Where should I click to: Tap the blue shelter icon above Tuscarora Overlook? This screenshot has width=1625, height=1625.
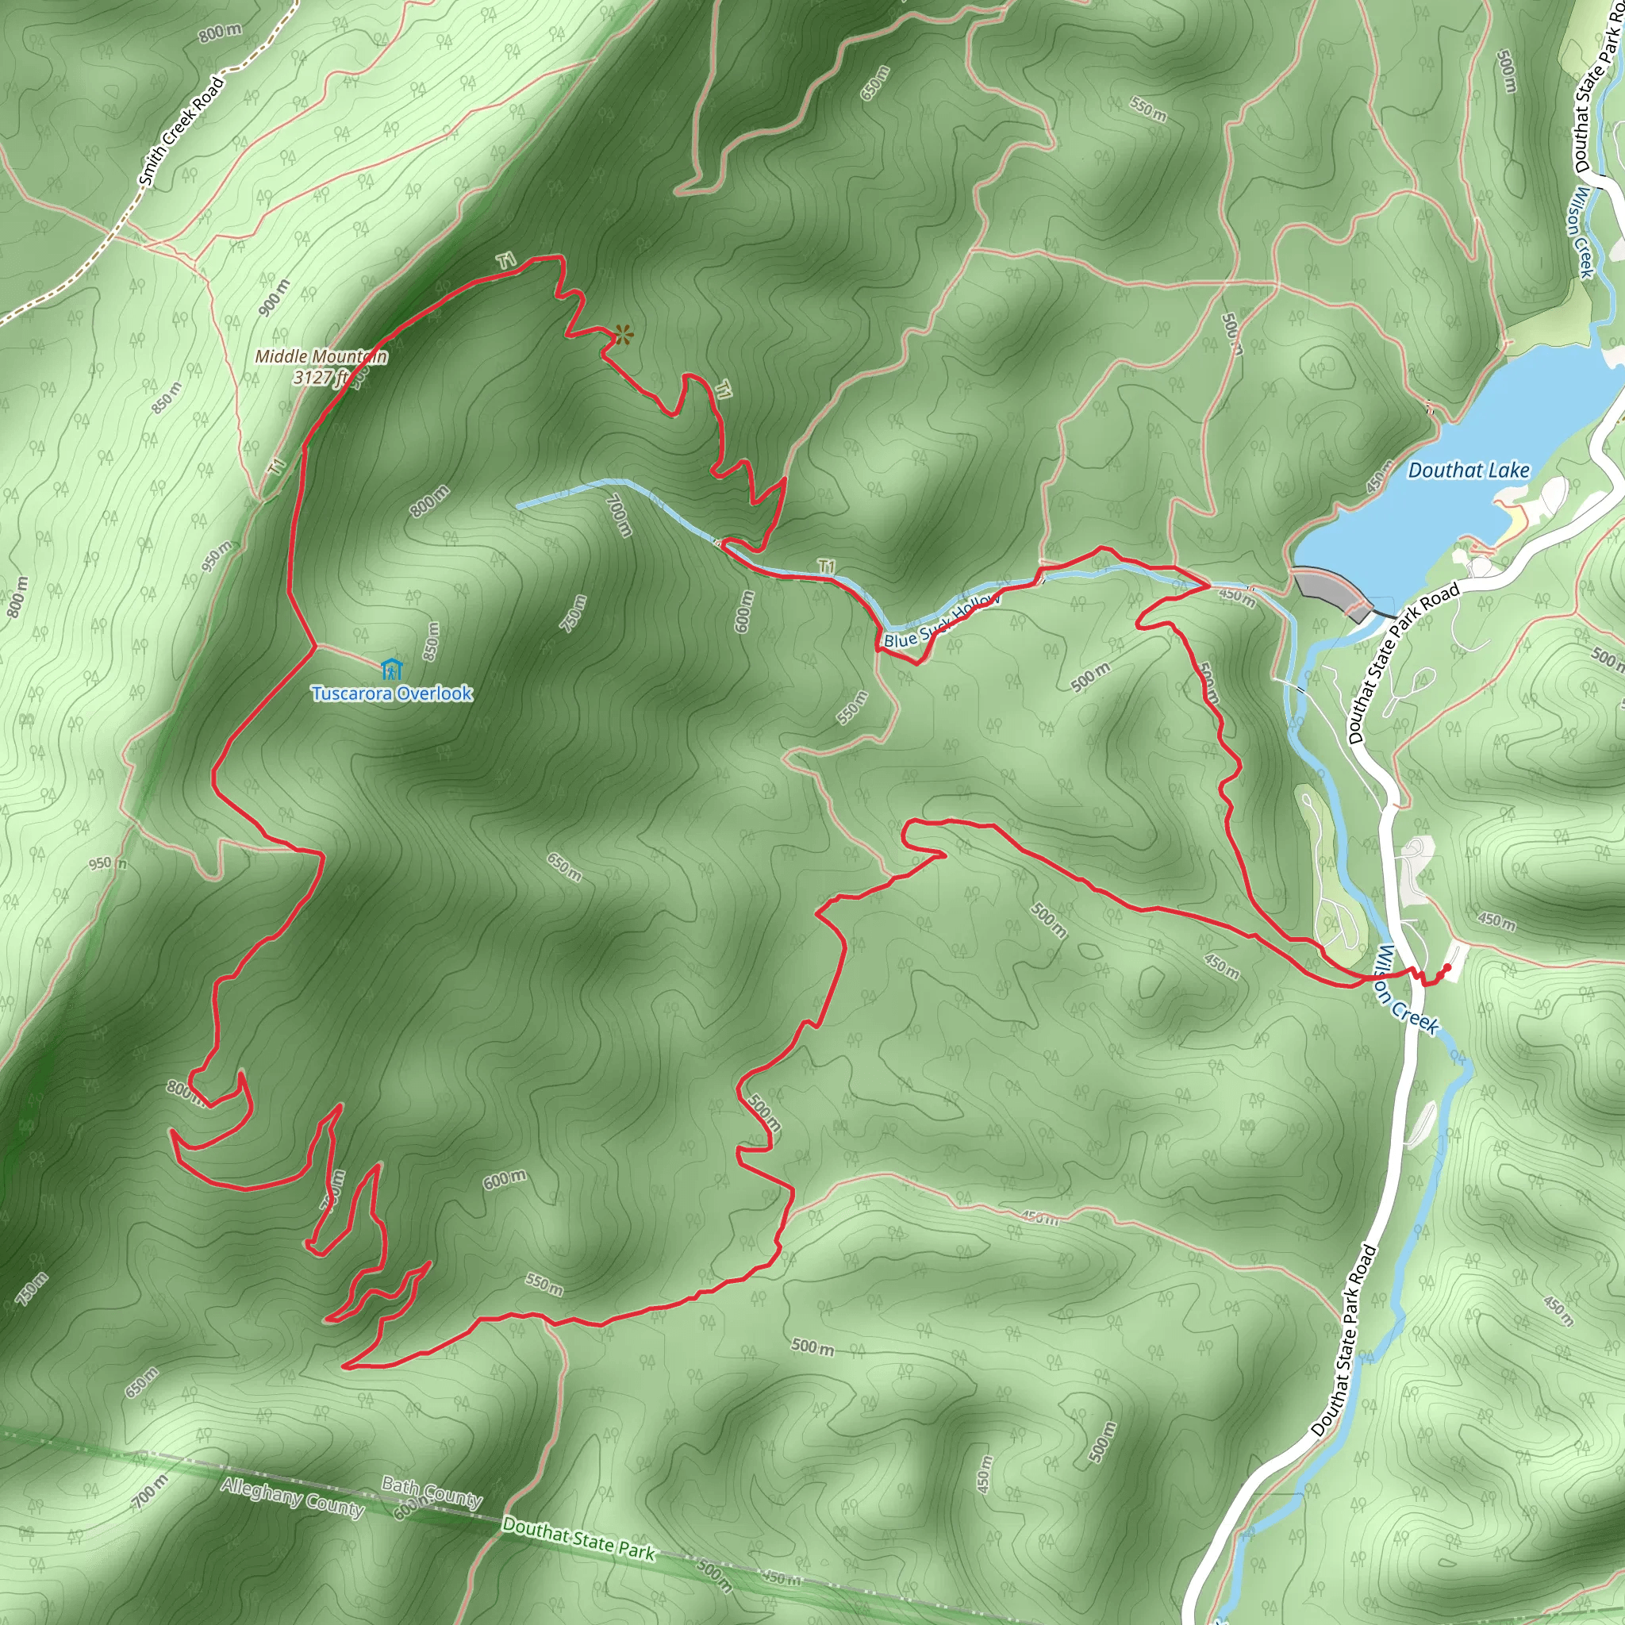coord(391,670)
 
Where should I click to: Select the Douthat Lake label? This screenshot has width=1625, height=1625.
coord(1468,471)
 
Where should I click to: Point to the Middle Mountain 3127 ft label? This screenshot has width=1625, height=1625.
coord(321,367)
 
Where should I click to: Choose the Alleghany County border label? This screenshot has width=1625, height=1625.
coord(292,1498)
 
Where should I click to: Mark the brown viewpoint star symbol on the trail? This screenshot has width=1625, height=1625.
coord(622,335)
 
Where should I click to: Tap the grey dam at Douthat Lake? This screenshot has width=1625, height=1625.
coord(1334,590)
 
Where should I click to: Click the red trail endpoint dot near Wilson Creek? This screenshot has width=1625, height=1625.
coord(1446,967)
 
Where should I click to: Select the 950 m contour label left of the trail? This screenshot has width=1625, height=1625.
coord(108,863)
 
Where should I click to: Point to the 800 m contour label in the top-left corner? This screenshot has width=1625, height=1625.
coord(221,33)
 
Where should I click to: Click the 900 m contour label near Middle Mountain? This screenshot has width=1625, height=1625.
coord(274,298)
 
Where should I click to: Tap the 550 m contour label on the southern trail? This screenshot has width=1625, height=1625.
coord(544,1285)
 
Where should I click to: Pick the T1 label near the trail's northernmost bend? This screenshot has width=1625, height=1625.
coord(505,261)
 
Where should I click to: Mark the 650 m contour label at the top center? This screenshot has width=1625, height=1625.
coord(874,83)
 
